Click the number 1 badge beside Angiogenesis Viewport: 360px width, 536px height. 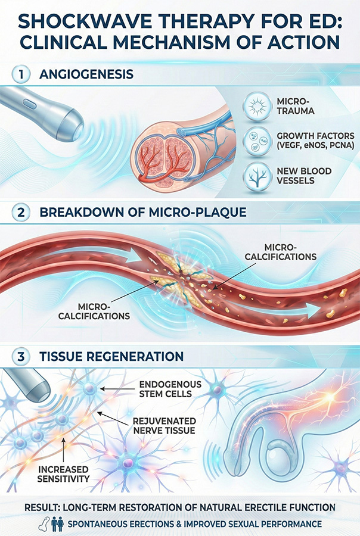[x=21, y=76]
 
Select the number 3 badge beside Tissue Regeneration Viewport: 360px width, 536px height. [x=21, y=357]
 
